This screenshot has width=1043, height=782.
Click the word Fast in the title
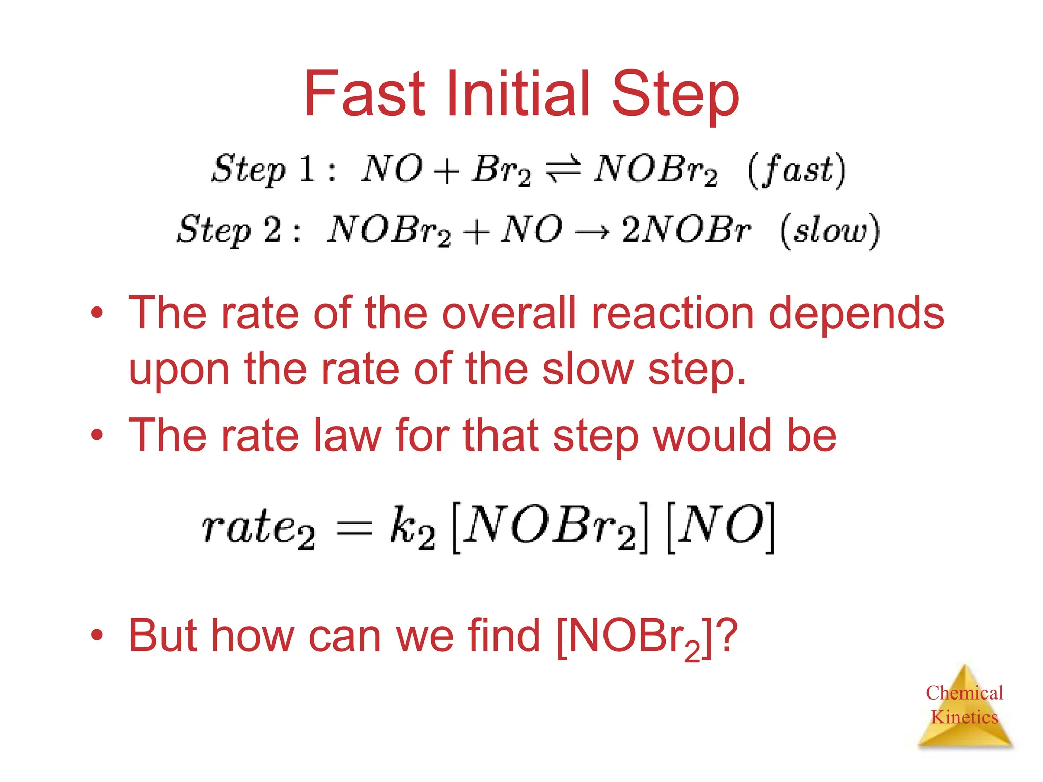click(x=364, y=94)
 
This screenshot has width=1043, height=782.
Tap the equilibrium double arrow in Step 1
click(x=563, y=170)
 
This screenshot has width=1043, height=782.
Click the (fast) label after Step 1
click(x=797, y=170)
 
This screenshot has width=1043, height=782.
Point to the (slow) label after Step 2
click(x=830, y=231)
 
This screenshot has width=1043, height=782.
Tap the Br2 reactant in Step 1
click(x=501, y=170)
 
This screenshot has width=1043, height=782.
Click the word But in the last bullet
click(x=162, y=635)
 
